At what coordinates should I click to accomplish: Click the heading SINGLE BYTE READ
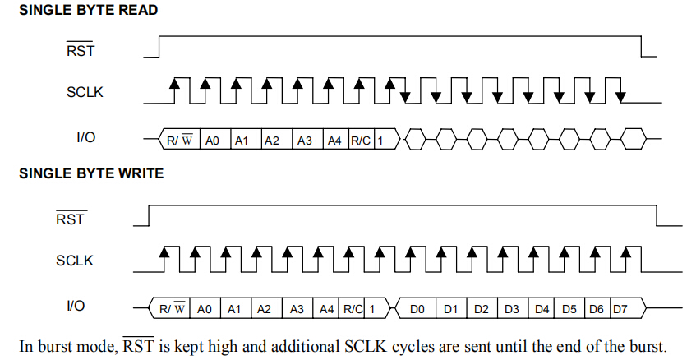point(88,11)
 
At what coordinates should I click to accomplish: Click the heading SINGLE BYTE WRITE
point(91,173)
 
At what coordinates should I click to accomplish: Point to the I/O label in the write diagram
point(75,306)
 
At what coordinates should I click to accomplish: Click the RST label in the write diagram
point(71,219)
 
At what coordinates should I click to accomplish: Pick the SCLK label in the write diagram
point(75,261)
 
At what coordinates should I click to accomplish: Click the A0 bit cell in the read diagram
point(212,141)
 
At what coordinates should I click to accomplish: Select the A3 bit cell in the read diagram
point(305,141)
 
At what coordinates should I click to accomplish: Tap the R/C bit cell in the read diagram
point(361,141)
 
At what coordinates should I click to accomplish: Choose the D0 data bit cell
point(417,310)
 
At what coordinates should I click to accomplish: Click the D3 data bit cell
point(510,310)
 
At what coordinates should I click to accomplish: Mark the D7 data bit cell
point(620,310)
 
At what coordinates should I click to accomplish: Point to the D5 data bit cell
point(569,310)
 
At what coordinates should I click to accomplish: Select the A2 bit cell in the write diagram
point(264,310)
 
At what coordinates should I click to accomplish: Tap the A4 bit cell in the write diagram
point(326,310)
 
